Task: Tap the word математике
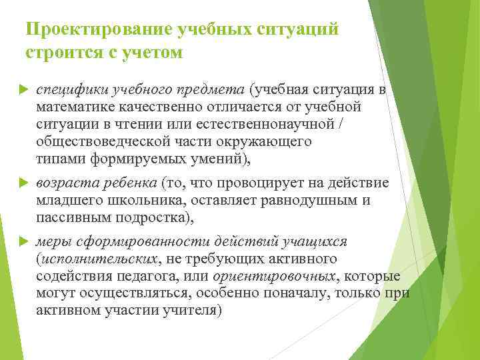(78, 107)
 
